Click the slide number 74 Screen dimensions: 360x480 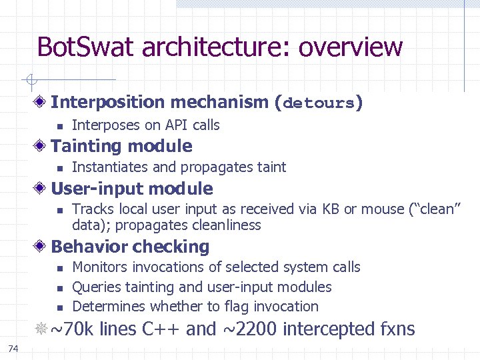click(13, 348)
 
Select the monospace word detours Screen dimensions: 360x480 click(319, 103)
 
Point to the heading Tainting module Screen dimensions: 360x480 click(121, 146)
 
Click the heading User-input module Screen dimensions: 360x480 click(131, 189)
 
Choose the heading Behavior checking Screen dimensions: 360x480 click(130, 247)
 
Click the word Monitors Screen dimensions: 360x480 click(100, 267)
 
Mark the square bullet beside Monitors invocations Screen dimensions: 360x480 click(59, 268)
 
